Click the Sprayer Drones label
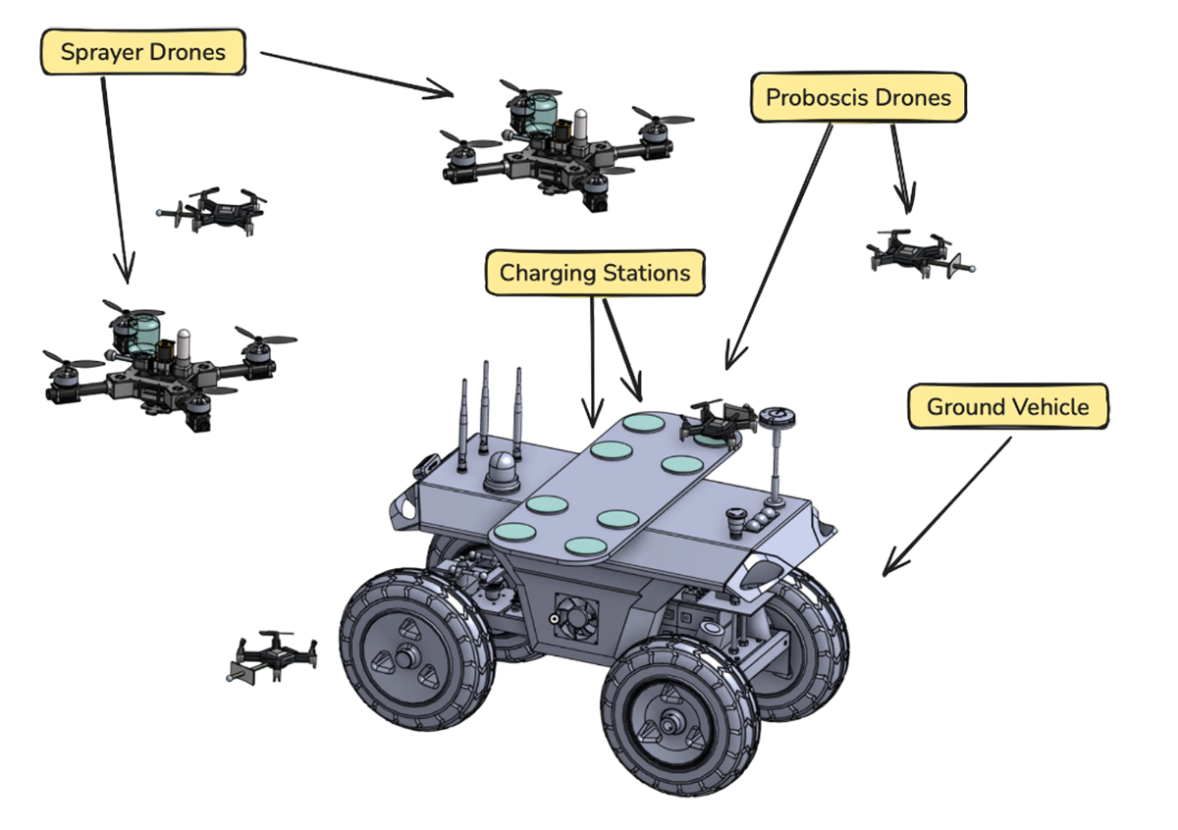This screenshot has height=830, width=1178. pyautogui.click(x=142, y=52)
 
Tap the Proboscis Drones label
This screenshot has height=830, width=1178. pyautogui.click(x=858, y=98)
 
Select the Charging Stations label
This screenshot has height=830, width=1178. pyautogui.click(x=595, y=272)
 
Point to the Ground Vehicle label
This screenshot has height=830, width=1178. pyautogui.click(x=1008, y=406)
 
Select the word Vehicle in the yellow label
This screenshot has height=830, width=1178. pyautogui.click(x=1051, y=406)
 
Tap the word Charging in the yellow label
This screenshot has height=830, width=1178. pyautogui.click(x=544, y=272)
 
